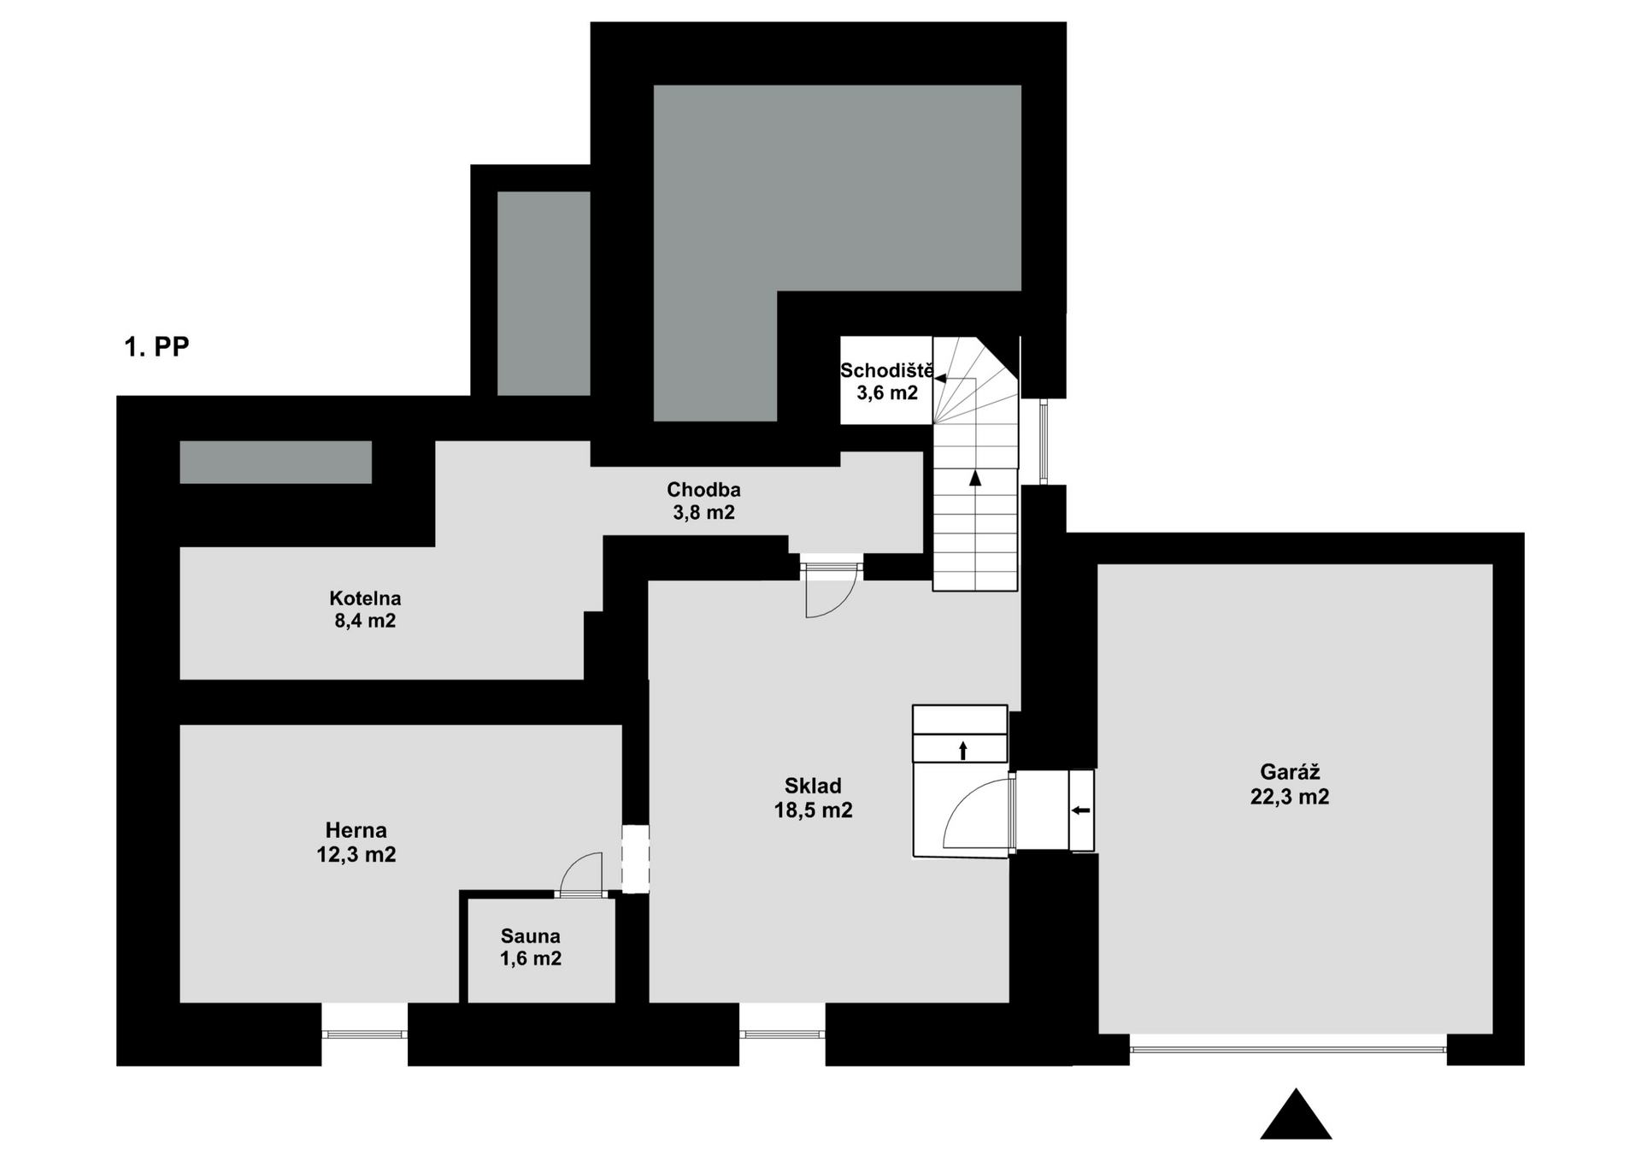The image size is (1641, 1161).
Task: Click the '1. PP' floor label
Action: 156,346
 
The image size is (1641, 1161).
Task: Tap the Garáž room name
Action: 1290,772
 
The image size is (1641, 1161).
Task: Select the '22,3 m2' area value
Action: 1290,797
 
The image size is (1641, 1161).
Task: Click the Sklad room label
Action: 813,786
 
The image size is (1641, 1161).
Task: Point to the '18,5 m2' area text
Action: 813,810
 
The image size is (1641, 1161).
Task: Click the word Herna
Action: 356,830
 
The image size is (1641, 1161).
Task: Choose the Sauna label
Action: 531,936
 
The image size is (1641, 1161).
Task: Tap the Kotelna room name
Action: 365,598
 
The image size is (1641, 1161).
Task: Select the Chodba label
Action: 703,490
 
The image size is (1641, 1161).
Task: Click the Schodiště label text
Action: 887,371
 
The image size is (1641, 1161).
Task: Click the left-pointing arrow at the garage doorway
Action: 1081,810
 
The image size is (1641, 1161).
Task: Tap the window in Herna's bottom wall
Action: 365,1034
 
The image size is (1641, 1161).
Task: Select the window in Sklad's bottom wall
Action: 782,1034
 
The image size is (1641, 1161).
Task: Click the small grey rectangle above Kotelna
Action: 275,462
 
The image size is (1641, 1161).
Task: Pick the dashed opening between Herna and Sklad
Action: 635,859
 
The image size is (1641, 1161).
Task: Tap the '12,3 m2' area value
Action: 356,854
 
